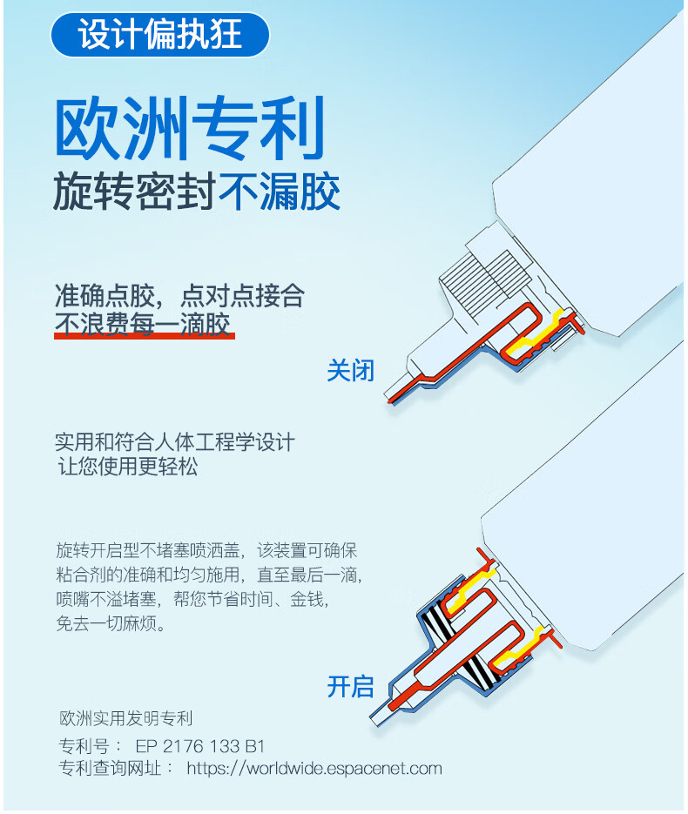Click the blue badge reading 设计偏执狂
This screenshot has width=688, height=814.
tap(159, 35)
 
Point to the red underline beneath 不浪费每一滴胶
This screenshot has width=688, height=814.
tap(144, 335)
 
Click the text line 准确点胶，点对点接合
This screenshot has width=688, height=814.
tap(179, 295)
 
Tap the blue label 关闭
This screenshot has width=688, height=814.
tap(350, 370)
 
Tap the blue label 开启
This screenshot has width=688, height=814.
tap(350, 686)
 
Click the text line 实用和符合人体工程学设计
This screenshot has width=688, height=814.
tap(174, 441)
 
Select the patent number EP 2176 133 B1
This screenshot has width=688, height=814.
tap(199, 746)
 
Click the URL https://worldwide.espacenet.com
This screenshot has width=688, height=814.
tap(314, 768)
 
